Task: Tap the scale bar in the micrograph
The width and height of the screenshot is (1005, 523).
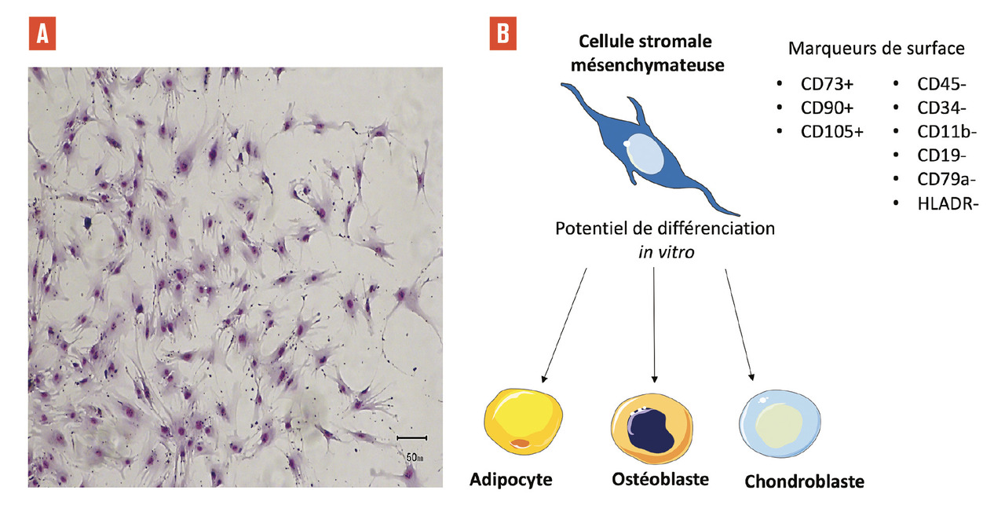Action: click(411, 437)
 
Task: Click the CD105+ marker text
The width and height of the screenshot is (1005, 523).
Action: click(831, 131)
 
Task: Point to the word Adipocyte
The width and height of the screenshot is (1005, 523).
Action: click(511, 480)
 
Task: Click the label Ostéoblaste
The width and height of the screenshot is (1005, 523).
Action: click(660, 478)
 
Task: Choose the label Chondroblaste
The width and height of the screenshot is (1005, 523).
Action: click(805, 481)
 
